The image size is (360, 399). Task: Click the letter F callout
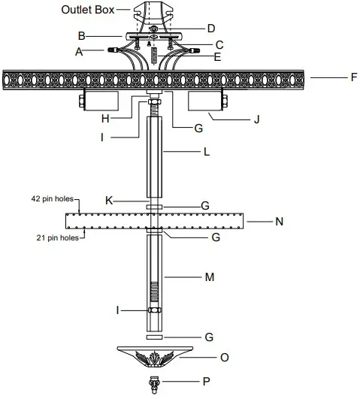[332, 77]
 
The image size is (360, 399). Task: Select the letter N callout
[280, 222]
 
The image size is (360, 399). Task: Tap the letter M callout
[210, 277]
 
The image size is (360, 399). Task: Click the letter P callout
[205, 382]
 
